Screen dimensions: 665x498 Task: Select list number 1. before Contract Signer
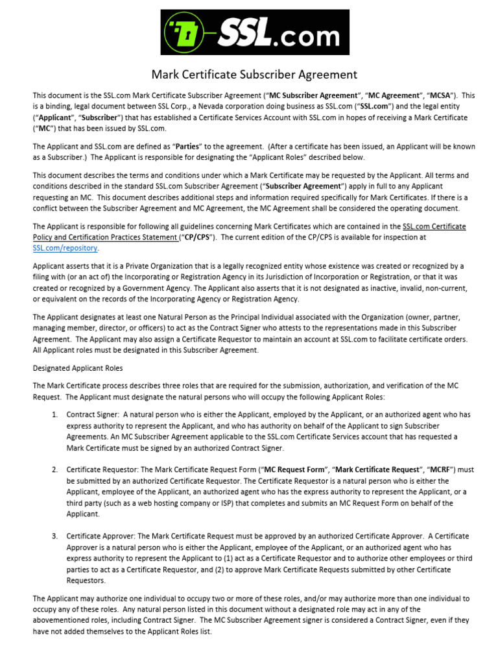coord(55,414)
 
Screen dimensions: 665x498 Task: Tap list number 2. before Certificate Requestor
coord(55,469)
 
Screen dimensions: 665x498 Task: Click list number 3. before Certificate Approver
coord(55,536)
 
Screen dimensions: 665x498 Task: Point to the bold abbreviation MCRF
coord(434,469)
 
